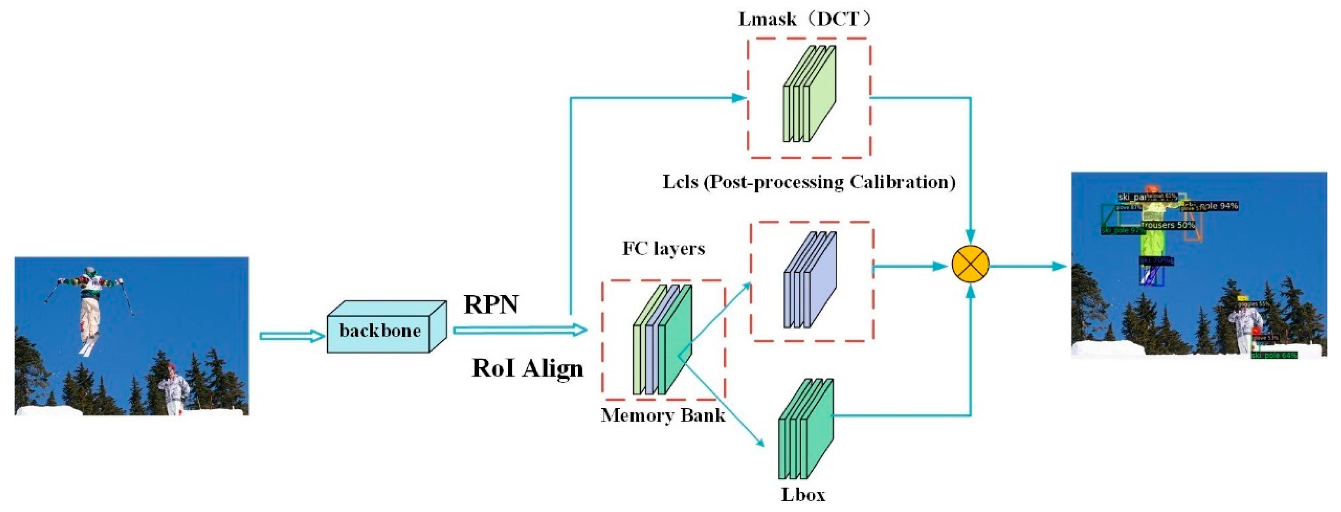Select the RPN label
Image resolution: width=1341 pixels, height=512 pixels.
click(491, 305)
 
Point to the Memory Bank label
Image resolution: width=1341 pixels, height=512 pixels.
click(663, 415)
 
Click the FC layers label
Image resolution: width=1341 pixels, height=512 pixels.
click(663, 249)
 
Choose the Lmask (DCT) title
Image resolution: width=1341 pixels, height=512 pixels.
click(804, 19)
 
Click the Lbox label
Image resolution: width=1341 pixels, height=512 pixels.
click(803, 494)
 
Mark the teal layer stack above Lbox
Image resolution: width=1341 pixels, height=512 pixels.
click(806, 429)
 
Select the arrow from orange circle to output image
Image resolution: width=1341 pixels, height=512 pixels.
click(1028, 266)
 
